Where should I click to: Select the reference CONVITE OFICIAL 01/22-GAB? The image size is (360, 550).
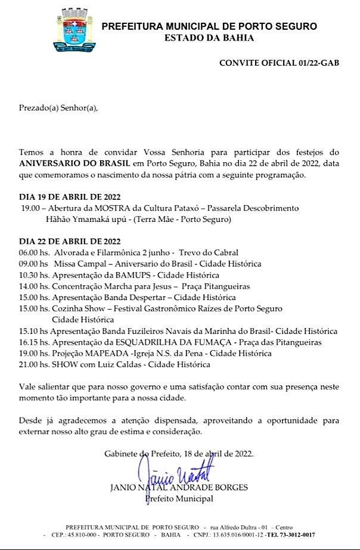(x=280, y=63)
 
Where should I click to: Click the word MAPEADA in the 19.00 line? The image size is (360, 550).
(x=108, y=353)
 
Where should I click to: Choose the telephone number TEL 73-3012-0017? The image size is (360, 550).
(x=309, y=535)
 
